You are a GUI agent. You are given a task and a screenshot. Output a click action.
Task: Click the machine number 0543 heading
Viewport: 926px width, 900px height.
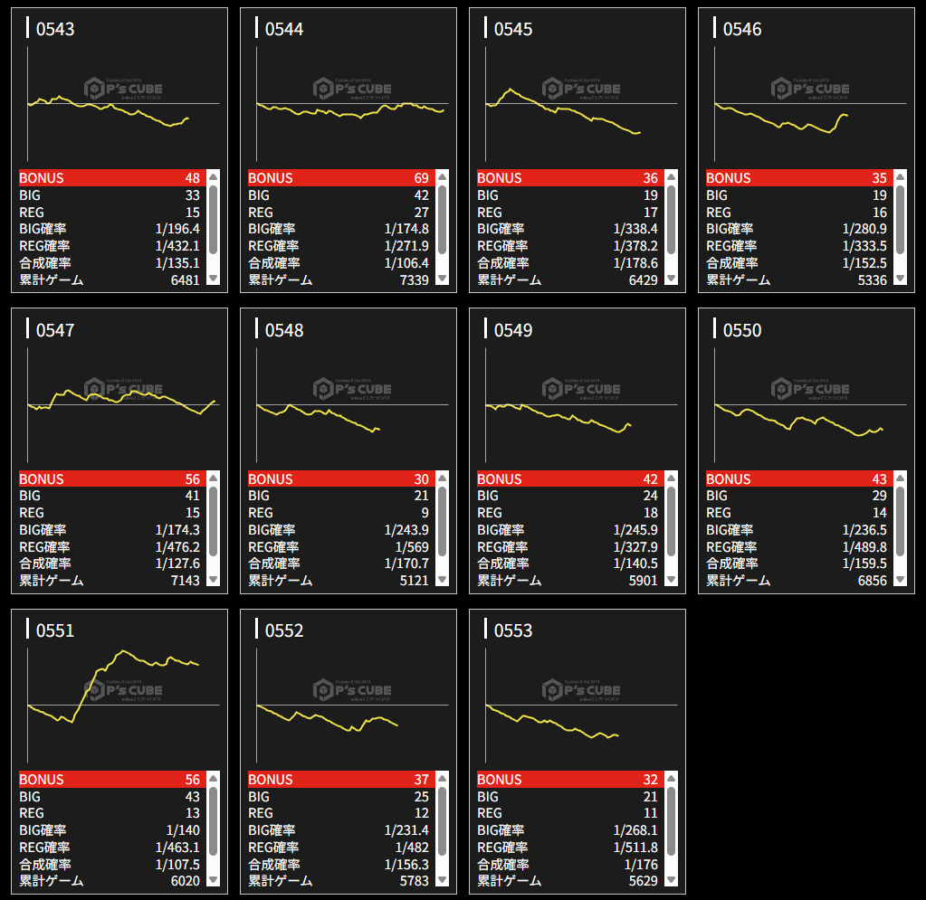click(x=54, y=29)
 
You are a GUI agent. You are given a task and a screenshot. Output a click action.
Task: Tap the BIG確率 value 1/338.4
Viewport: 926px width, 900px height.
click(x=635, y=229)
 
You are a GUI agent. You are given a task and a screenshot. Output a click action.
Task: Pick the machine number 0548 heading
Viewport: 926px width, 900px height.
click(x=283, y=330)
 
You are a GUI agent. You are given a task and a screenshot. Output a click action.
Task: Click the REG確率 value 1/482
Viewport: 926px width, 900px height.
click(x=412, y=847)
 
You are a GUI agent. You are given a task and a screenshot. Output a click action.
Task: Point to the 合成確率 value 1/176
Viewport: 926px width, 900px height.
click(x=641, y=864)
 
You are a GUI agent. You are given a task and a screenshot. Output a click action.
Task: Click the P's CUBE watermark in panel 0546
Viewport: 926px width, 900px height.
click(x=810, y=88)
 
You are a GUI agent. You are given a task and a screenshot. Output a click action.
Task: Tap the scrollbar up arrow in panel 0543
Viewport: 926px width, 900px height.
click(x=213, y=177)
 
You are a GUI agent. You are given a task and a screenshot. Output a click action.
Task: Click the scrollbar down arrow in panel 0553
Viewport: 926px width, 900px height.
click(x=671, y=879)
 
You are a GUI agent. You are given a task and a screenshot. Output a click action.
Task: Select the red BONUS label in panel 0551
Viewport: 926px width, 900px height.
click(x=42, y=780)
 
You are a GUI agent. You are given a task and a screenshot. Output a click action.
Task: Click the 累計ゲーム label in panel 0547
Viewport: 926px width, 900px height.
click(x=51, y=580)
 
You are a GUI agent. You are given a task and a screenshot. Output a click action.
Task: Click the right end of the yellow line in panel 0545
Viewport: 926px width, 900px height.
click(x=640, y=133)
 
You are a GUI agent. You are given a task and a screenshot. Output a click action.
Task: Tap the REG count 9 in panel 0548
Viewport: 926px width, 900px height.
click(x=425, y=513)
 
